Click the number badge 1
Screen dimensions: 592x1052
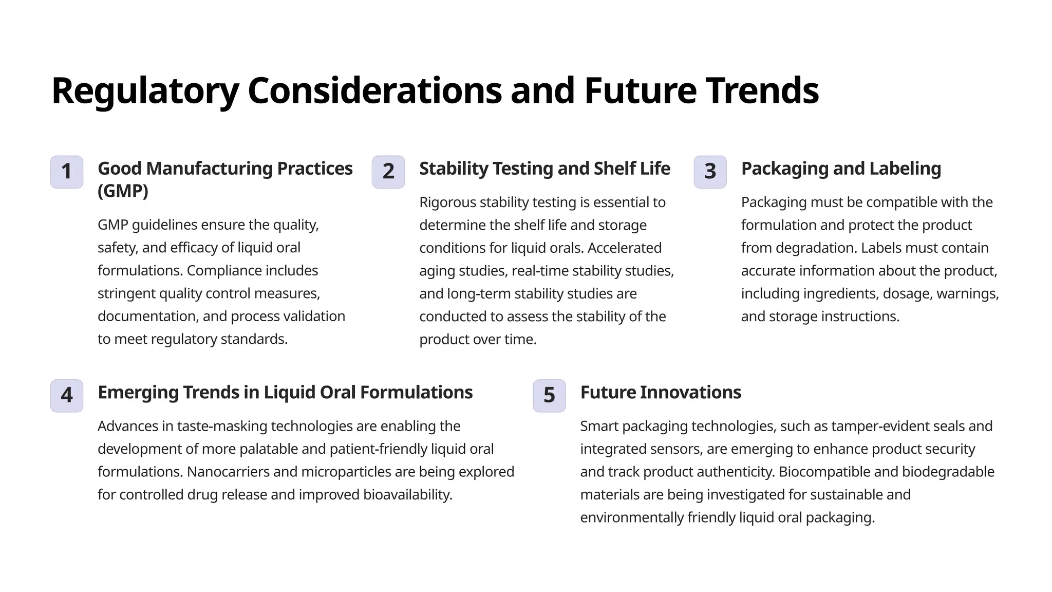tap(67, 172)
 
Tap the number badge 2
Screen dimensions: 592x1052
tap(388, 172)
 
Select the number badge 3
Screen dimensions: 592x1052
tap(710, 172)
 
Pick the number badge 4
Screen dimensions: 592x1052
tap(67, 395)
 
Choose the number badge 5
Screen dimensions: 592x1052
tap(549, 395)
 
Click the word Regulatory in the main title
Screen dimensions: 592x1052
tap(145, 91)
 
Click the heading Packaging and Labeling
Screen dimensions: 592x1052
tap(841, 169)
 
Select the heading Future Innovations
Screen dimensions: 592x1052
tap(661, 392)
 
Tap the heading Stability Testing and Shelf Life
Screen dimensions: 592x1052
tap(544, 169)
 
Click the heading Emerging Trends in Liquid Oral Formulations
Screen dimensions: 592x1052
tap(285, 392)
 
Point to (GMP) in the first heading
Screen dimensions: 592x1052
tap(123, 191)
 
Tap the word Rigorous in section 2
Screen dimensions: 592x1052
tap(447, 202)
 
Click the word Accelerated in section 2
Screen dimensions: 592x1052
tap(624, 248)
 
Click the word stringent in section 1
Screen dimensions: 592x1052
tap(126, 293)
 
